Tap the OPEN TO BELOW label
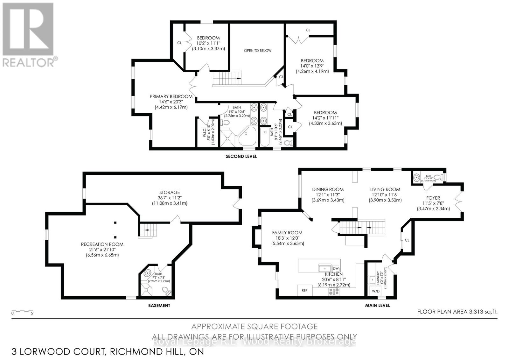click(x=257, y=50)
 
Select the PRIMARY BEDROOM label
click(x=171, y=96)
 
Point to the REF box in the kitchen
click(x=304, y=290)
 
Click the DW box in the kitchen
click(x=336, y=268)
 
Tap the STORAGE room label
click(x=170, y=192)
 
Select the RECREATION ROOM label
click(x=102, y=244)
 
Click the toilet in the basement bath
click(x=166, y=290)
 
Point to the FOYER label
click(x=433, y=198)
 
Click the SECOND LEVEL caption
click(x=241, y=156)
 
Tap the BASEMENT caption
click(x=159, y=305)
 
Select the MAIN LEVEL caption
click(x=377, y=305)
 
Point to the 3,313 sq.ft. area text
click(x=483, y=312)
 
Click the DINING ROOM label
click(x=328, y=189)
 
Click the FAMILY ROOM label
click(x=287, y=233)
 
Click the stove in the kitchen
click(x=334, y=291)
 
